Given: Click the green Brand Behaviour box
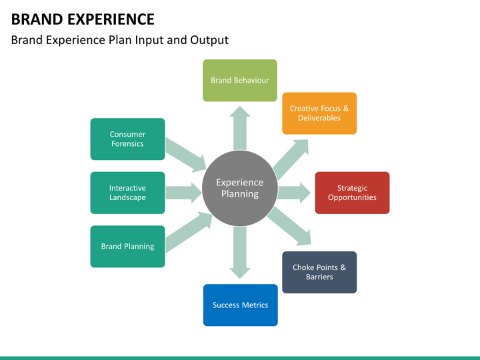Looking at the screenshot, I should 240,81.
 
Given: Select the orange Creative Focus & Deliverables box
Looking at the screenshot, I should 319,113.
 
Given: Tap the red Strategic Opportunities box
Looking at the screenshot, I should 352,193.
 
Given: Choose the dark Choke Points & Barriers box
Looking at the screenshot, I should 319,272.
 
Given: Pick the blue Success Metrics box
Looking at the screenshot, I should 240,305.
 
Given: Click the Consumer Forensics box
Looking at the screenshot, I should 127,139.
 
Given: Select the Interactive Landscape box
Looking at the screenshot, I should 127,193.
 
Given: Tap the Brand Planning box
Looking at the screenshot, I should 127,246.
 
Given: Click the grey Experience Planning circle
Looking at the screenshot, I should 240,189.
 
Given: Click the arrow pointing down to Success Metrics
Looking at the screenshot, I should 240,253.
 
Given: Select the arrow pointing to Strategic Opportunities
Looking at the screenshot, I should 293,193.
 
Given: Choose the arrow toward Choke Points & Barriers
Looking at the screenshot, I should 291,226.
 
